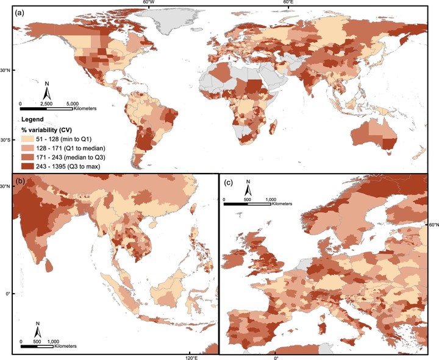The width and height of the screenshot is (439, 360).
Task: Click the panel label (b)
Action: click(x=12, y=182)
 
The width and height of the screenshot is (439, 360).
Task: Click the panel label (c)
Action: click(x=229, y=182)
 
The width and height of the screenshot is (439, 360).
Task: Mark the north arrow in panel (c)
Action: click(x=248, y=187)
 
